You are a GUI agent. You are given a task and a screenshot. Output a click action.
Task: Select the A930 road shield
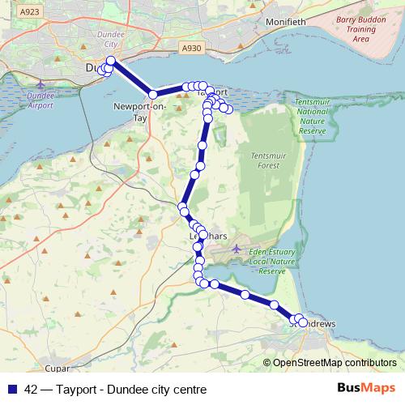tap(192, 49)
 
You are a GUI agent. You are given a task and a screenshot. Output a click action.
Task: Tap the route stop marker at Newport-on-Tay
tap(152, 95)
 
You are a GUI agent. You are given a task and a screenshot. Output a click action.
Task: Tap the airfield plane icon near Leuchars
tap(236, 248)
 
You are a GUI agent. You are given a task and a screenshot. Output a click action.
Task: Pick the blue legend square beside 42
tap(13, 390)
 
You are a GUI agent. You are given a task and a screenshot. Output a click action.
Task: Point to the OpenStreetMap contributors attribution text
tap(335, 363)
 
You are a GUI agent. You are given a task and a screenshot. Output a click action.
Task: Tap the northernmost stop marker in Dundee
tap(111, 61)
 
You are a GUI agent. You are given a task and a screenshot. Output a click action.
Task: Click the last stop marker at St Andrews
tap(304, 322)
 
